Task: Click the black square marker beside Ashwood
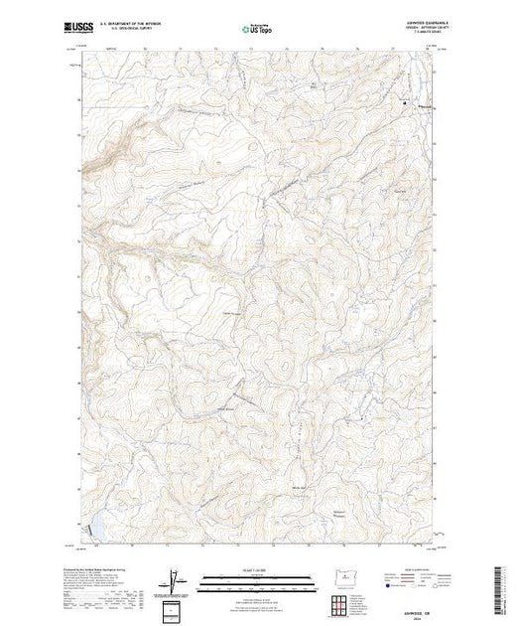pos(405,103)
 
